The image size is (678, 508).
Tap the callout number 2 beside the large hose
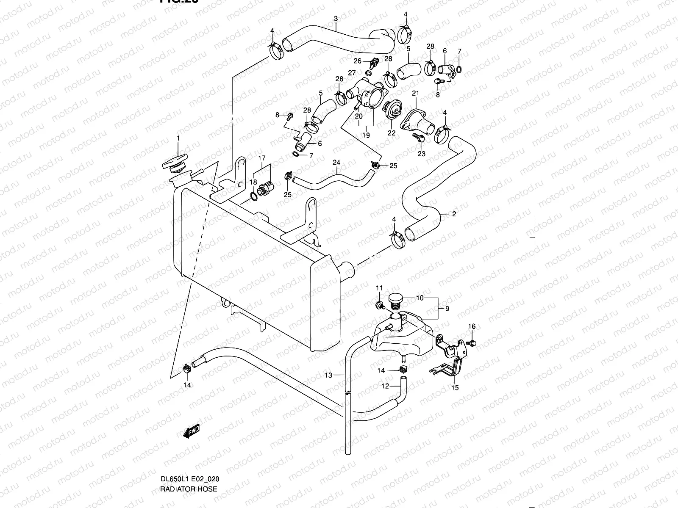point(454,214)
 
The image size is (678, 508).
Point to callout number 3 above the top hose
point(336,19)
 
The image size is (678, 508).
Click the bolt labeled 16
point(473,342)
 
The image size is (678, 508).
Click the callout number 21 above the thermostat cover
point(415,93)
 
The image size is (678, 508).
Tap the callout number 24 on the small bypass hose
point(336,162)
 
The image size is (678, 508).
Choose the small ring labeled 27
point(367,73)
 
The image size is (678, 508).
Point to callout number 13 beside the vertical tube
point(328,374)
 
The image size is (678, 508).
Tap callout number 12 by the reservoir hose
point(385,386)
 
